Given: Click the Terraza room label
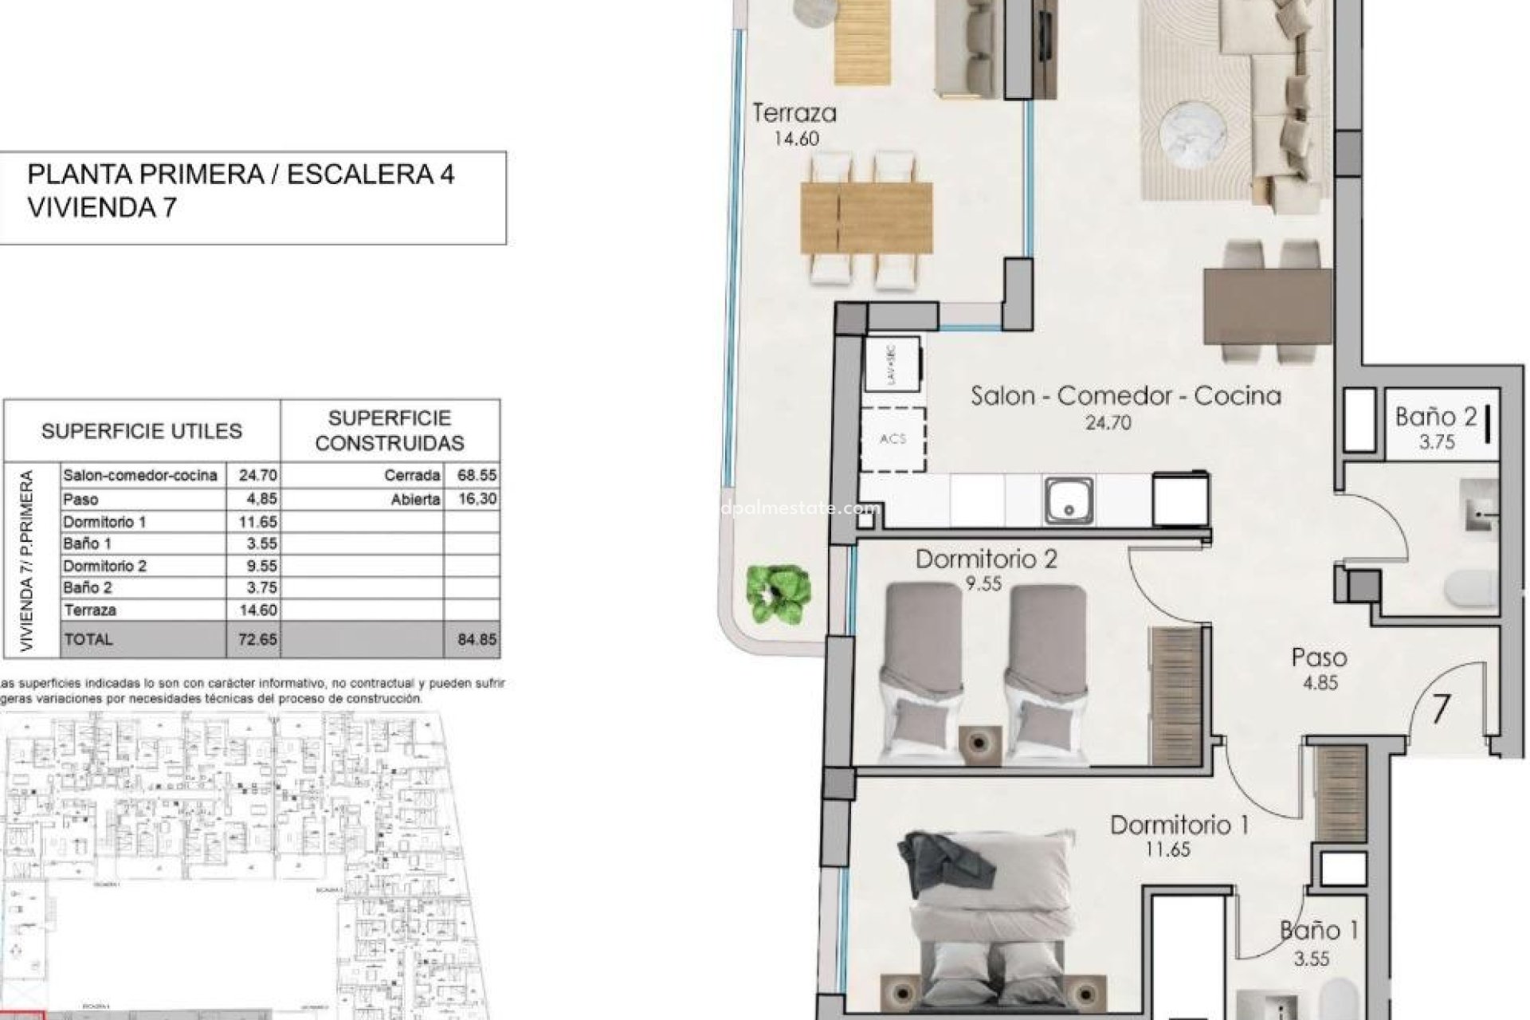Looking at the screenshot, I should (x=794, y=113).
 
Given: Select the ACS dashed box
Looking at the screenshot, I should (x=893, y=439).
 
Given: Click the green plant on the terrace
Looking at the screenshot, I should (x=779, y=593).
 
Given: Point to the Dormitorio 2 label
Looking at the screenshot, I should (x=986, y=559).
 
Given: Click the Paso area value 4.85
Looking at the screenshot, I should (x=1320, y=683).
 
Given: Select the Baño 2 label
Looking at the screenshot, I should (x=1436, y=416).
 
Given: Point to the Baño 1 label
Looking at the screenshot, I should (x=1318, y=930).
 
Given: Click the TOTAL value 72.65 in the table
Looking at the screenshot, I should (x=257, y=639).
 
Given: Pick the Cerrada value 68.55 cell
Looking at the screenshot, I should (x=477, y=475).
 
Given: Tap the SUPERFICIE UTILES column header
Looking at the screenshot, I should (x=142, y=431).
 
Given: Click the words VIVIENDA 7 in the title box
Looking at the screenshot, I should (x=102, y=208).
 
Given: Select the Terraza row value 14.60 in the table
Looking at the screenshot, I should (x=257, y=610).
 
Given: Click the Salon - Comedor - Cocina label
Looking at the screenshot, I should (x=1125, y=395).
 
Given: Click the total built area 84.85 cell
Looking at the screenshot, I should (x=477, y=639).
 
